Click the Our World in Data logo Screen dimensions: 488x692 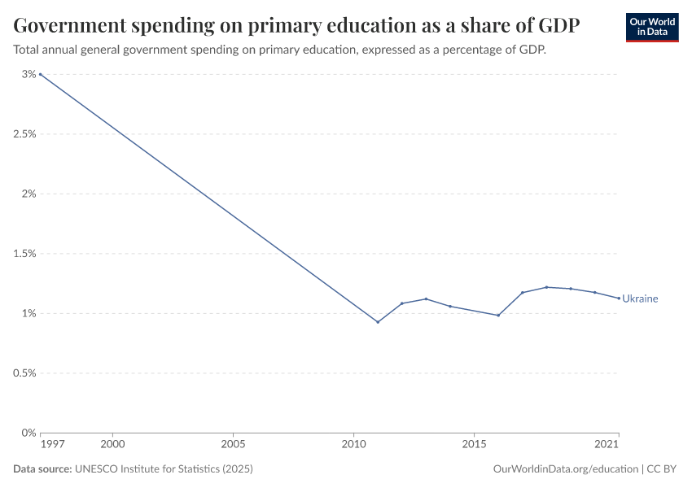pyautogui.click(x=651, y=27)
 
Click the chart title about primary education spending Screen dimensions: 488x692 pyautogui.click(x=296, y=25)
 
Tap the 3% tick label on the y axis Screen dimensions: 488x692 pyautogui.click(x=29, y=74)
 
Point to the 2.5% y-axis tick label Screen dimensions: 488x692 pyautogui.click(x=24, y=134)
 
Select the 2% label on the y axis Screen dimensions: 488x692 pyautogui.click(x=29, y=194)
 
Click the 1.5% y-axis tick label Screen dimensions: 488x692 pyautogui.click(x=24, y=254)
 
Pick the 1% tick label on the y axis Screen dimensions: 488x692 pyautogui.click(x=29, y=313)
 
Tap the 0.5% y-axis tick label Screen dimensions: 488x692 pyautogui.click(x=24, y=373)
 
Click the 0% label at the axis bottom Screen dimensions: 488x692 pyautogui.click(x=29, y=433)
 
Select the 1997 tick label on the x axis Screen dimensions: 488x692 pyautogui.click(x=50, y=445)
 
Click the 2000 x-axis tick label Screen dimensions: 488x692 pyautogui.click(x=112, y=445)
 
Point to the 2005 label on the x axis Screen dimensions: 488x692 pyautogui.click(x=233, y=445)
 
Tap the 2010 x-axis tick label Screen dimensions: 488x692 pyautogui.click(x=353, y=445)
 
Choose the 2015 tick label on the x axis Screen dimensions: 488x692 pyautogui.click(x=474, y=445)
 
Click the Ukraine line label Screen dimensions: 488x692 pyautogui.click(x=640, y=298)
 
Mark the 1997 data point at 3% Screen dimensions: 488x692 pyautogui.click(x=40, y=74)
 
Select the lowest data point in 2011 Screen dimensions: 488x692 pyautogui.click(x=378, y=322)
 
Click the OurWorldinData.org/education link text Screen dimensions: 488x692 pyautogui.click(x=566, y=469)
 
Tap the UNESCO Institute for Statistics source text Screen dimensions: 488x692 pyautogui.click(x=163, y=469)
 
